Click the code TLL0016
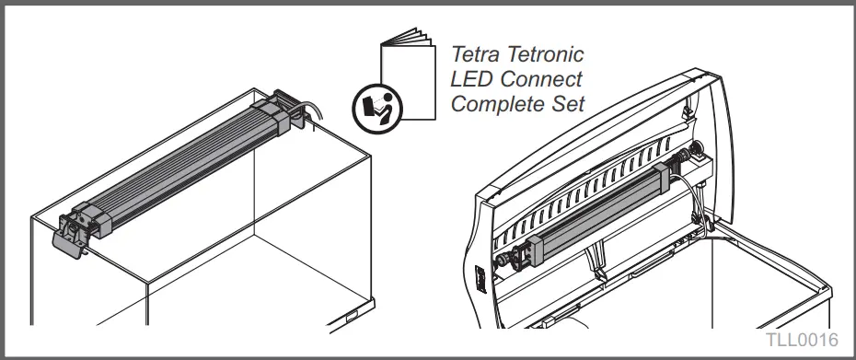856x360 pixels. tap(800, 341)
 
